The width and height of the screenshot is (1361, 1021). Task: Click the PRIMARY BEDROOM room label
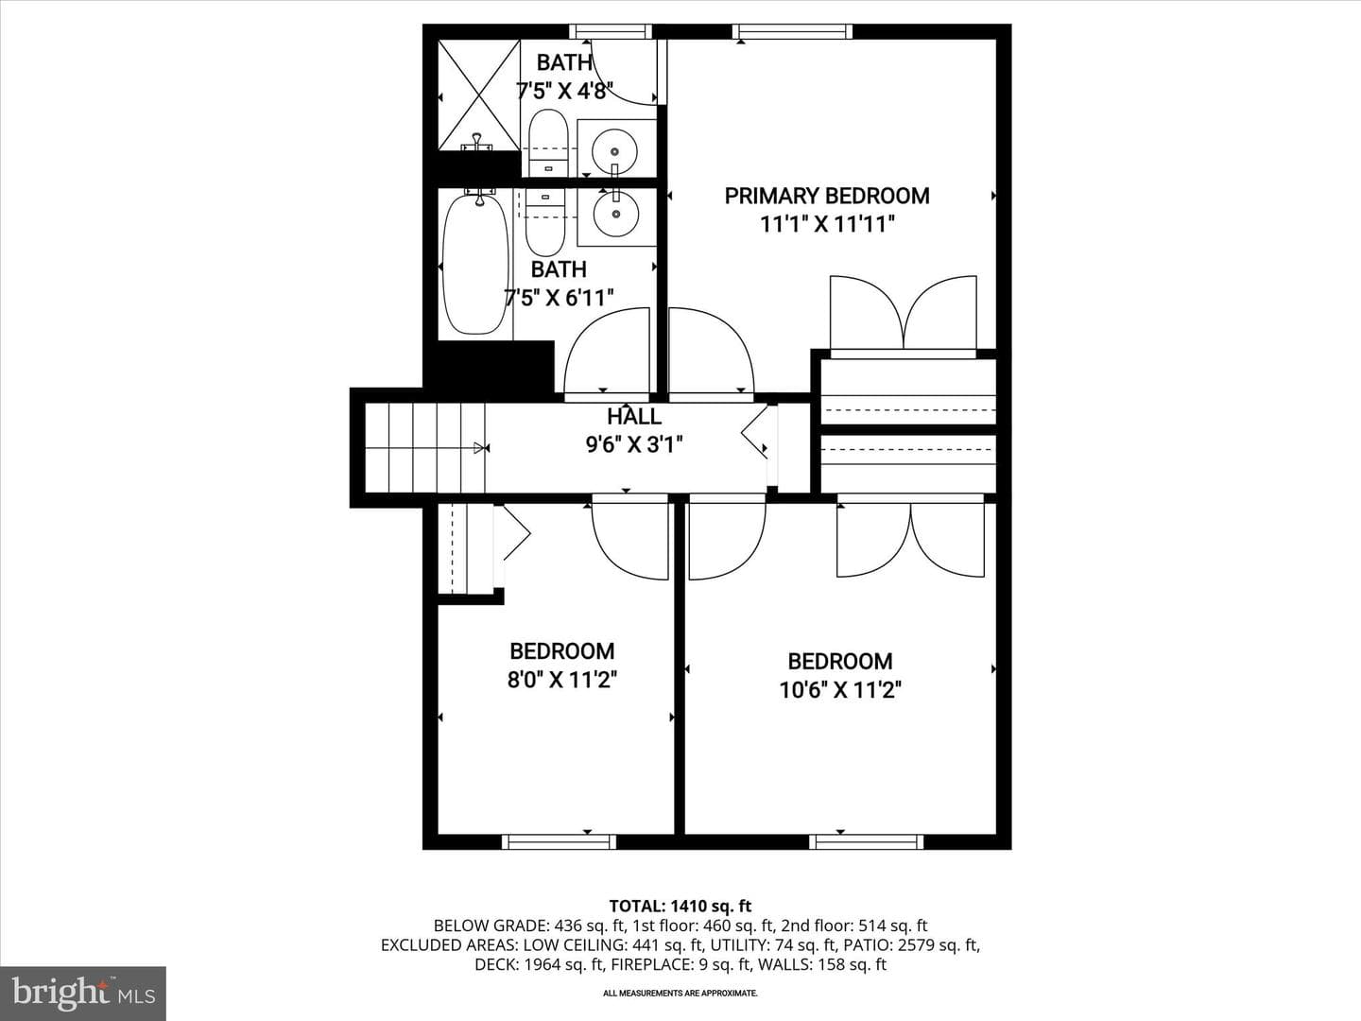[x=827, y=196]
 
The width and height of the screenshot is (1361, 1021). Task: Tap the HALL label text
[x=633, y=417]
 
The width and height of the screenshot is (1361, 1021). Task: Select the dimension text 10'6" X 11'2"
[x=840, y=690]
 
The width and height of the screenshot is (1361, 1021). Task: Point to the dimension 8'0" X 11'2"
[x=562, y=680]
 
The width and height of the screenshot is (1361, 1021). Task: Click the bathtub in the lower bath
[x=476, y=265]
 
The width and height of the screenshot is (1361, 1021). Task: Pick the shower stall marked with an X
[x=478, y=95]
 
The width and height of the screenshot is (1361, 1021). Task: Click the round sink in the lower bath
[x=615, y=214]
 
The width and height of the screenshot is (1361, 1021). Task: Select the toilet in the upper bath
[x=548, y=143]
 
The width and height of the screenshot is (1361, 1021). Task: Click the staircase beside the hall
[x=424, y=447]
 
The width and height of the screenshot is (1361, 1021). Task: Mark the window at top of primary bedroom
[x=792, y=31]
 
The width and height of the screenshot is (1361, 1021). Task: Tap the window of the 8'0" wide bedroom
[x=559, y=841]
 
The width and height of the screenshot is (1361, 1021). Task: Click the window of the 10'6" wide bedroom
[x=866, y=841]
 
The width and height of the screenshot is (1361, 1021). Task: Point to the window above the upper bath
[x=611, y=31]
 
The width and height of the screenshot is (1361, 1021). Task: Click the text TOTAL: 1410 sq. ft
[x=680, y=907]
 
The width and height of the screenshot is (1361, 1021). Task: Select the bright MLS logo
[x=83, y=993]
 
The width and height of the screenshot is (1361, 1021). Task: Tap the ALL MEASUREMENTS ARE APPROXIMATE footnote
[x=680, y=993]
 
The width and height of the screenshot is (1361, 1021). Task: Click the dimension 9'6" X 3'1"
[x=634, y=444]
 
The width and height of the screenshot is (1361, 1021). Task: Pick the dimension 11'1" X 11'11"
[x=828, y=224]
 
